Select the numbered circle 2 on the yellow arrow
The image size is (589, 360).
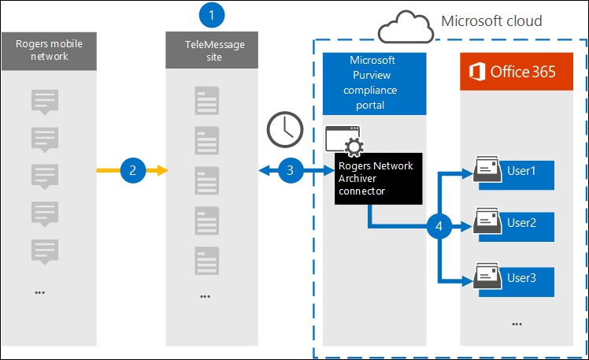pyautogui.click(x=133, y=170)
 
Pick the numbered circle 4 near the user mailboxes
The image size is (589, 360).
pyautogui.click(x=438, y=226)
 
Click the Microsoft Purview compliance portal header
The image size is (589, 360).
pyautogui.click(x=375, y=83)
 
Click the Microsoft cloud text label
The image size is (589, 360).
pyautogui.click(x=491, y=20)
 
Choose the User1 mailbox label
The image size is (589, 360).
pyautogui.click(x=521, y=171)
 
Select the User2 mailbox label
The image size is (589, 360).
pyautogui.click(x=521, y=223)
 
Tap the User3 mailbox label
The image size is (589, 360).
pyautogui.click(x=521, y=277)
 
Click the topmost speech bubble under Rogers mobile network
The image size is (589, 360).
pyautogui.click(x=44, y=102)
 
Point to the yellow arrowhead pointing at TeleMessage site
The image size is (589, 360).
pyautogui.click(x=162, y=170)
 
